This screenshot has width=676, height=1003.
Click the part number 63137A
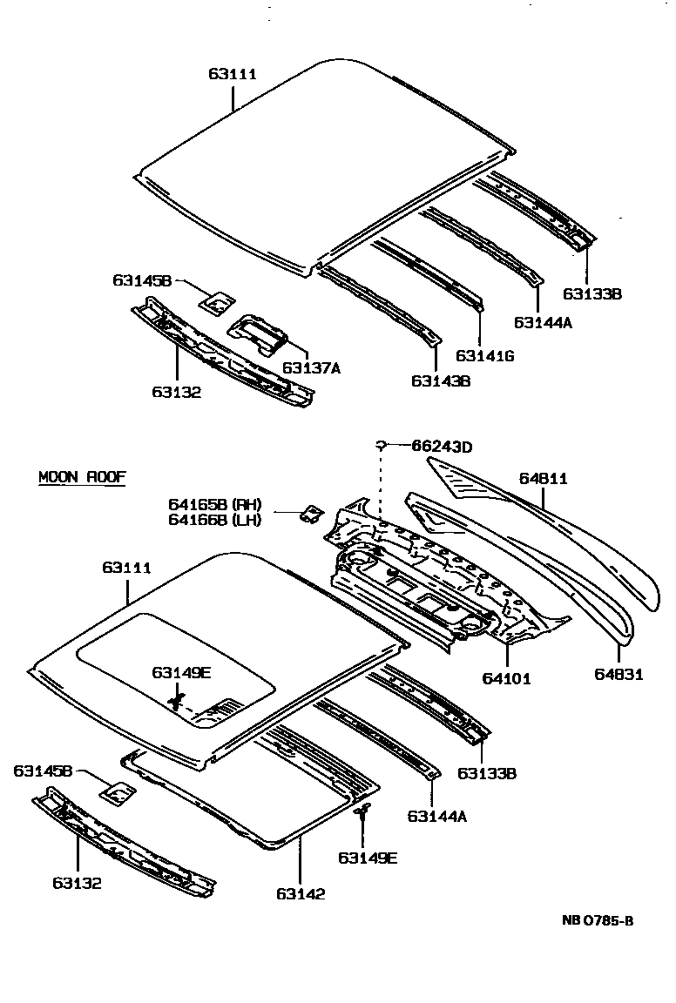311,368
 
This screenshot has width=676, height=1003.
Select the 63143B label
441,380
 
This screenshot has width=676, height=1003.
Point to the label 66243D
442,448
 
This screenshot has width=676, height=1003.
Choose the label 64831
619,674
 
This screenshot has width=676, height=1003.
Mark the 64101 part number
506,678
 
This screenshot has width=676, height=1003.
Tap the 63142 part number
301,893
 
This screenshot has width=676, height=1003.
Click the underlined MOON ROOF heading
82,477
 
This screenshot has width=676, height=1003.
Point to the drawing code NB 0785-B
597,921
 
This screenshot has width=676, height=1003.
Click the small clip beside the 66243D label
381,446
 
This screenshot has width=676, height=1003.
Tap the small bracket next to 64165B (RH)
308,514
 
